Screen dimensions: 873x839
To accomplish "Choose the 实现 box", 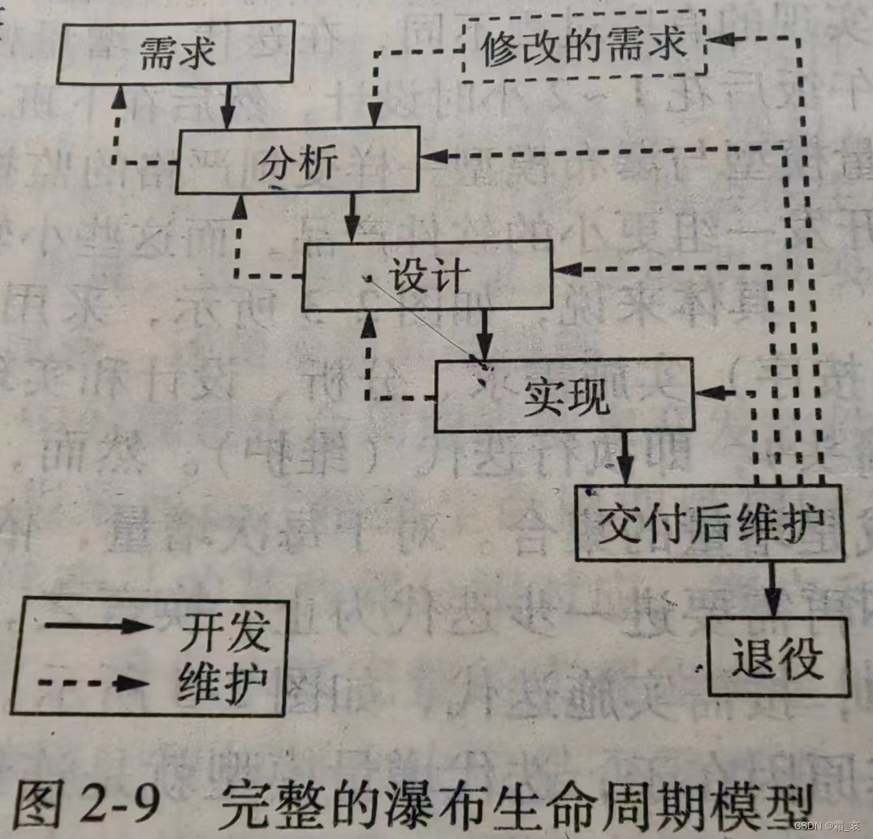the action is (x=565, y=397).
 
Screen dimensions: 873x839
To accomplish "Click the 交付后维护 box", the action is (x=709, y=524).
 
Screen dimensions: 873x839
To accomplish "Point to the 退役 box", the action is (x=778, y=655).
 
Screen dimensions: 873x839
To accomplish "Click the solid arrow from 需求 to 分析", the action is (x=228, y=106).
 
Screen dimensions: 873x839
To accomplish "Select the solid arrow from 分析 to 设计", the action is (x=352, y=217).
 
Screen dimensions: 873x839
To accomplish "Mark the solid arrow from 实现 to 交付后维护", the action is (x=625, y=459).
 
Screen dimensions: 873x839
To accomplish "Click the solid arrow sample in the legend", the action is (x=97, y=625).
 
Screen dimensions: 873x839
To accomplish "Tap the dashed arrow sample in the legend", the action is (x=97, y=682).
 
